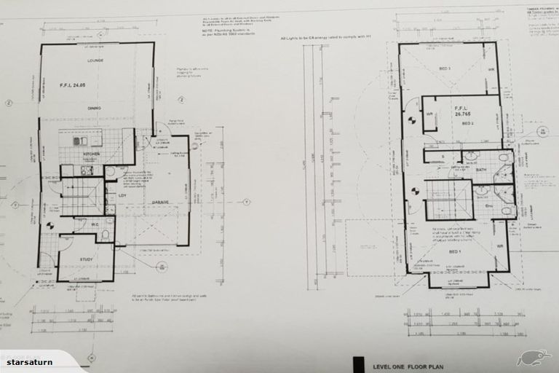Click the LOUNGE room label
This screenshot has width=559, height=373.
pyautogui.click(x=95, y=60)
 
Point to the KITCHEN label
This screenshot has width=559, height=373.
pyautogui.click(x=91, y=154)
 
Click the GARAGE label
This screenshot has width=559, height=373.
pyautogui.click(x=160, y=202)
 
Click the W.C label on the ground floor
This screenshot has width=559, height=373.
pyautogui.click(x=94, y=225)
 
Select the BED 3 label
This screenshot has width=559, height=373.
pyautogui.click(x=444, y=69)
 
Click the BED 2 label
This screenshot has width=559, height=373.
pyautogui.click(x=468, y=124)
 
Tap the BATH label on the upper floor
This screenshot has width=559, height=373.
pyautogui.click(x=481, y=170)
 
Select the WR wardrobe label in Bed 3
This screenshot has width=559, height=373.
pyautogui.click(x=491, y=71)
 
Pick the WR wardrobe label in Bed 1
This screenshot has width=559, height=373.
pyautogui.click(x=500, y=246)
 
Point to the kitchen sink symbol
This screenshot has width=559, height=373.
pyautogui.click(x=81, y=141)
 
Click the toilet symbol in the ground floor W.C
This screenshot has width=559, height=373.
pyautogui.click(x=105, y=234)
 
